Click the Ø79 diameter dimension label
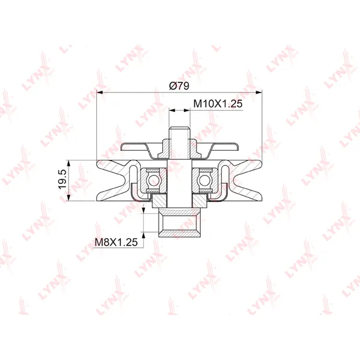tap(179, 86)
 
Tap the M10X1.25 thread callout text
tap(218, 103)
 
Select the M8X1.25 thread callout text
tap(116, 242)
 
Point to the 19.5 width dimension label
tap(63, 179)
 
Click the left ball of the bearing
tap(154, 180)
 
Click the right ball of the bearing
tap(205, 180)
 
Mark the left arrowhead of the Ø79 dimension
tap(100, 93)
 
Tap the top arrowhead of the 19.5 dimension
tap(69, 163)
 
